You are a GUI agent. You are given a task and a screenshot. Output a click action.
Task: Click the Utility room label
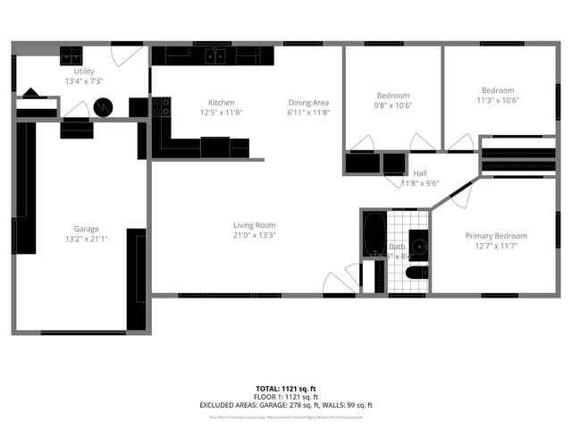84,71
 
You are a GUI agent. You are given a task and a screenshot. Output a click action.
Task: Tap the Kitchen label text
222,102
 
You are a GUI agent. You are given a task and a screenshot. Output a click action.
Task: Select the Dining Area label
308,102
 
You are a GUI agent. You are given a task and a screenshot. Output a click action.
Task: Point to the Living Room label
255,225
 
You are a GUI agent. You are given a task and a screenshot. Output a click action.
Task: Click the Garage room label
87,229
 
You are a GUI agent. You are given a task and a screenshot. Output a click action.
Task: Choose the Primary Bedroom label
496,236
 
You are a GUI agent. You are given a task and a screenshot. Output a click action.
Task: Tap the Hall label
420,172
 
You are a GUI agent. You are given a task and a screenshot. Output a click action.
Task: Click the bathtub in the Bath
374,235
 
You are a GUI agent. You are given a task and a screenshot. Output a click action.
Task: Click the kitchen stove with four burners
162,107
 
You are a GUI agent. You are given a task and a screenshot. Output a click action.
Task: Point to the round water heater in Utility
105,106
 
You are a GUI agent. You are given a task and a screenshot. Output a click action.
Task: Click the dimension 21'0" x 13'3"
255,236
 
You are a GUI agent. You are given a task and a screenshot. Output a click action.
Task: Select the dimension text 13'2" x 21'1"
87,240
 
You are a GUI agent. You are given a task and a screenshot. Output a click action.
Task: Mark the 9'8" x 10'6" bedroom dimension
393,106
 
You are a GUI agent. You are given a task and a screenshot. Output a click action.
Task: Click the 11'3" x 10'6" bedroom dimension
498,100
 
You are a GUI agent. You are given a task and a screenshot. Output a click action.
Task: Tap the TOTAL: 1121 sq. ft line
286,387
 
